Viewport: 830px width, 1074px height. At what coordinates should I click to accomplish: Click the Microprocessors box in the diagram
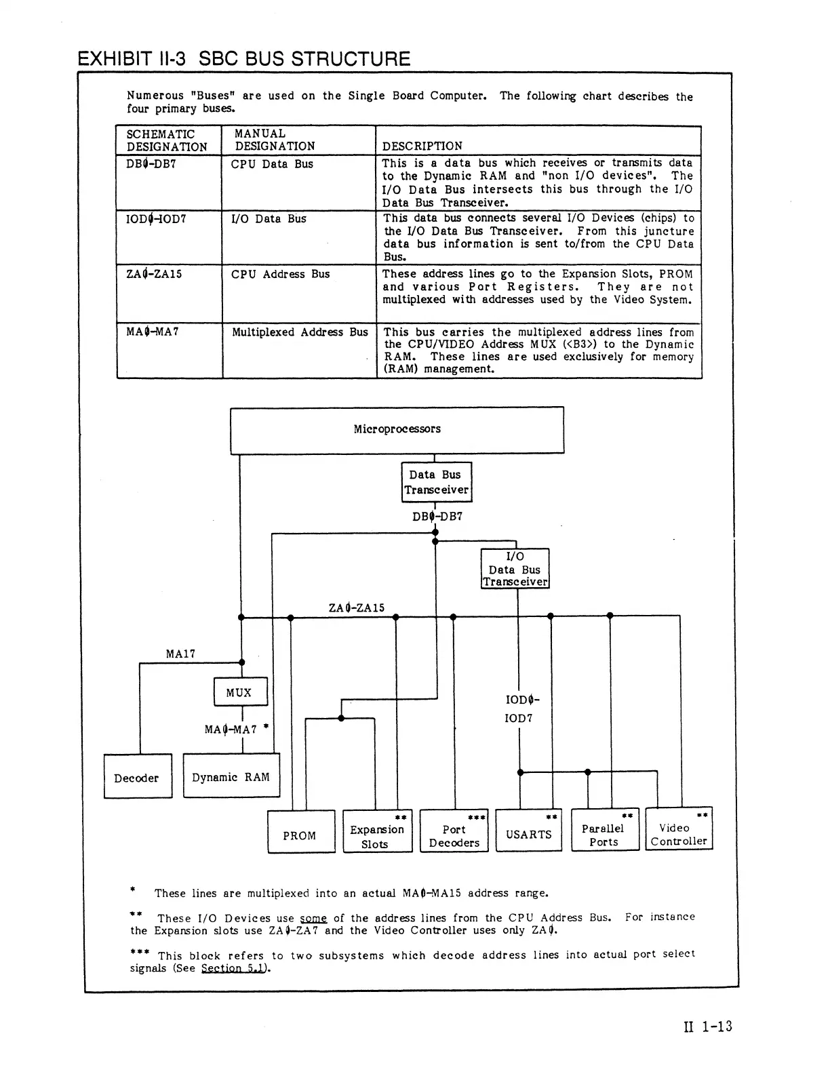[x=397, y=430]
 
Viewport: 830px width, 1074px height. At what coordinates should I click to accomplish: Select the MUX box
[x=240, y=692]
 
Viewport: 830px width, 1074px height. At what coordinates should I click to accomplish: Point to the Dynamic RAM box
[x=231, y=777]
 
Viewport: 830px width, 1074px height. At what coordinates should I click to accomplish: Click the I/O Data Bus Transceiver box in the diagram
[x=515, y=569]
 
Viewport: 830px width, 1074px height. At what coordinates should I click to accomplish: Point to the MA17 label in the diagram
[x=180, y=654]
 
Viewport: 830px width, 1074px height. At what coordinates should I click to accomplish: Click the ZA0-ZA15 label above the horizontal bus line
[x=356, y=607]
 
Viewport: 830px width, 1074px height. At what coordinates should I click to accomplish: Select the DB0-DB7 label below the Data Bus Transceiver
[x=437, y=516]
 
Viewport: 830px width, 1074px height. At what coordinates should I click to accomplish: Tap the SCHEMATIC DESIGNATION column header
[x=167, y=140]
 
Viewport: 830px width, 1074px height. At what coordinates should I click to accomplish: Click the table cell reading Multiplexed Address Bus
[x=300, y=332]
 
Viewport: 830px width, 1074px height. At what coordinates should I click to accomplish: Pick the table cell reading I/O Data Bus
[x=269, y=218]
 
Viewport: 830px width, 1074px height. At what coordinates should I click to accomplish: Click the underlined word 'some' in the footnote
[x=313, y=917]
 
